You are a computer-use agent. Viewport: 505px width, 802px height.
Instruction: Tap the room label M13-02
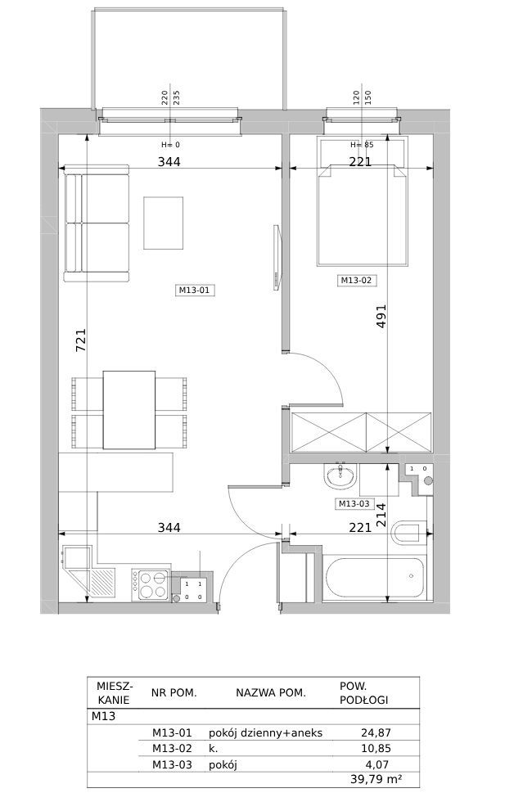(x=356, y=280)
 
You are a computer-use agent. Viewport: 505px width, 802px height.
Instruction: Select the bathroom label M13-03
(x=354, y=504)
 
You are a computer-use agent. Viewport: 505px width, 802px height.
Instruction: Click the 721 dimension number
(x=82, y=340)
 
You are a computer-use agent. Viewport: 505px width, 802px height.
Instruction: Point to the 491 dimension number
(x=381, y=316)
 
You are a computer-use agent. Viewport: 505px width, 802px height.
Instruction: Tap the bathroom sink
(x=339, y=476)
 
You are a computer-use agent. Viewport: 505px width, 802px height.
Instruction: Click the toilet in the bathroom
(x=408, y=533)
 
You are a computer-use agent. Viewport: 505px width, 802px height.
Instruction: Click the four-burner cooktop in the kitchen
(x=151, y=584)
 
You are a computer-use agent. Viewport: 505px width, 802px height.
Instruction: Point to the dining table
(x=129, y=410)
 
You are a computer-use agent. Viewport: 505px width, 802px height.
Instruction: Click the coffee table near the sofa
(x=163, y=223)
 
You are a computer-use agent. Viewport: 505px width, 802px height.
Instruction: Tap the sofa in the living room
(x=97, y=223)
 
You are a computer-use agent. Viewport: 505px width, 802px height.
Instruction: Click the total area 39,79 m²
(x=376, y=779)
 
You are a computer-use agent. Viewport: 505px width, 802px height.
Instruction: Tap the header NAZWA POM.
(x=271, y=693)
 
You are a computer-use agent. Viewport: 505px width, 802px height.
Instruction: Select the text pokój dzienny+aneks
(x=265, y=733)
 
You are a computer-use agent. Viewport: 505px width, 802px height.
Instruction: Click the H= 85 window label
(x=363, y=145)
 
